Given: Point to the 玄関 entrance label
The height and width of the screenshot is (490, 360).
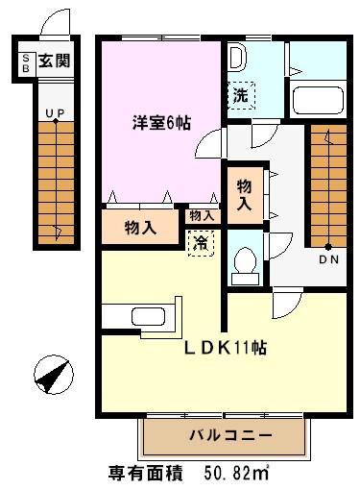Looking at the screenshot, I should pyautogui.click(x=54, y=63).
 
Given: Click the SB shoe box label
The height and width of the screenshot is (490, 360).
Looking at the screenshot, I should pyautogui.click(x=26, y=63).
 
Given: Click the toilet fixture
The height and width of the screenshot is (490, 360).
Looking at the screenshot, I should pyautogui.click(x=245, y=263).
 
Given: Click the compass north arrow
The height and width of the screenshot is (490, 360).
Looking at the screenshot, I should pyautogui.click(x=48, y=373).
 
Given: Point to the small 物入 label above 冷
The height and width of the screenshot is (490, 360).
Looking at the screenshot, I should pyautogui.click(x=201, y=216).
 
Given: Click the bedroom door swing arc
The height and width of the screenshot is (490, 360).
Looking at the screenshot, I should pyautogui.click(x=204, y=148).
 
